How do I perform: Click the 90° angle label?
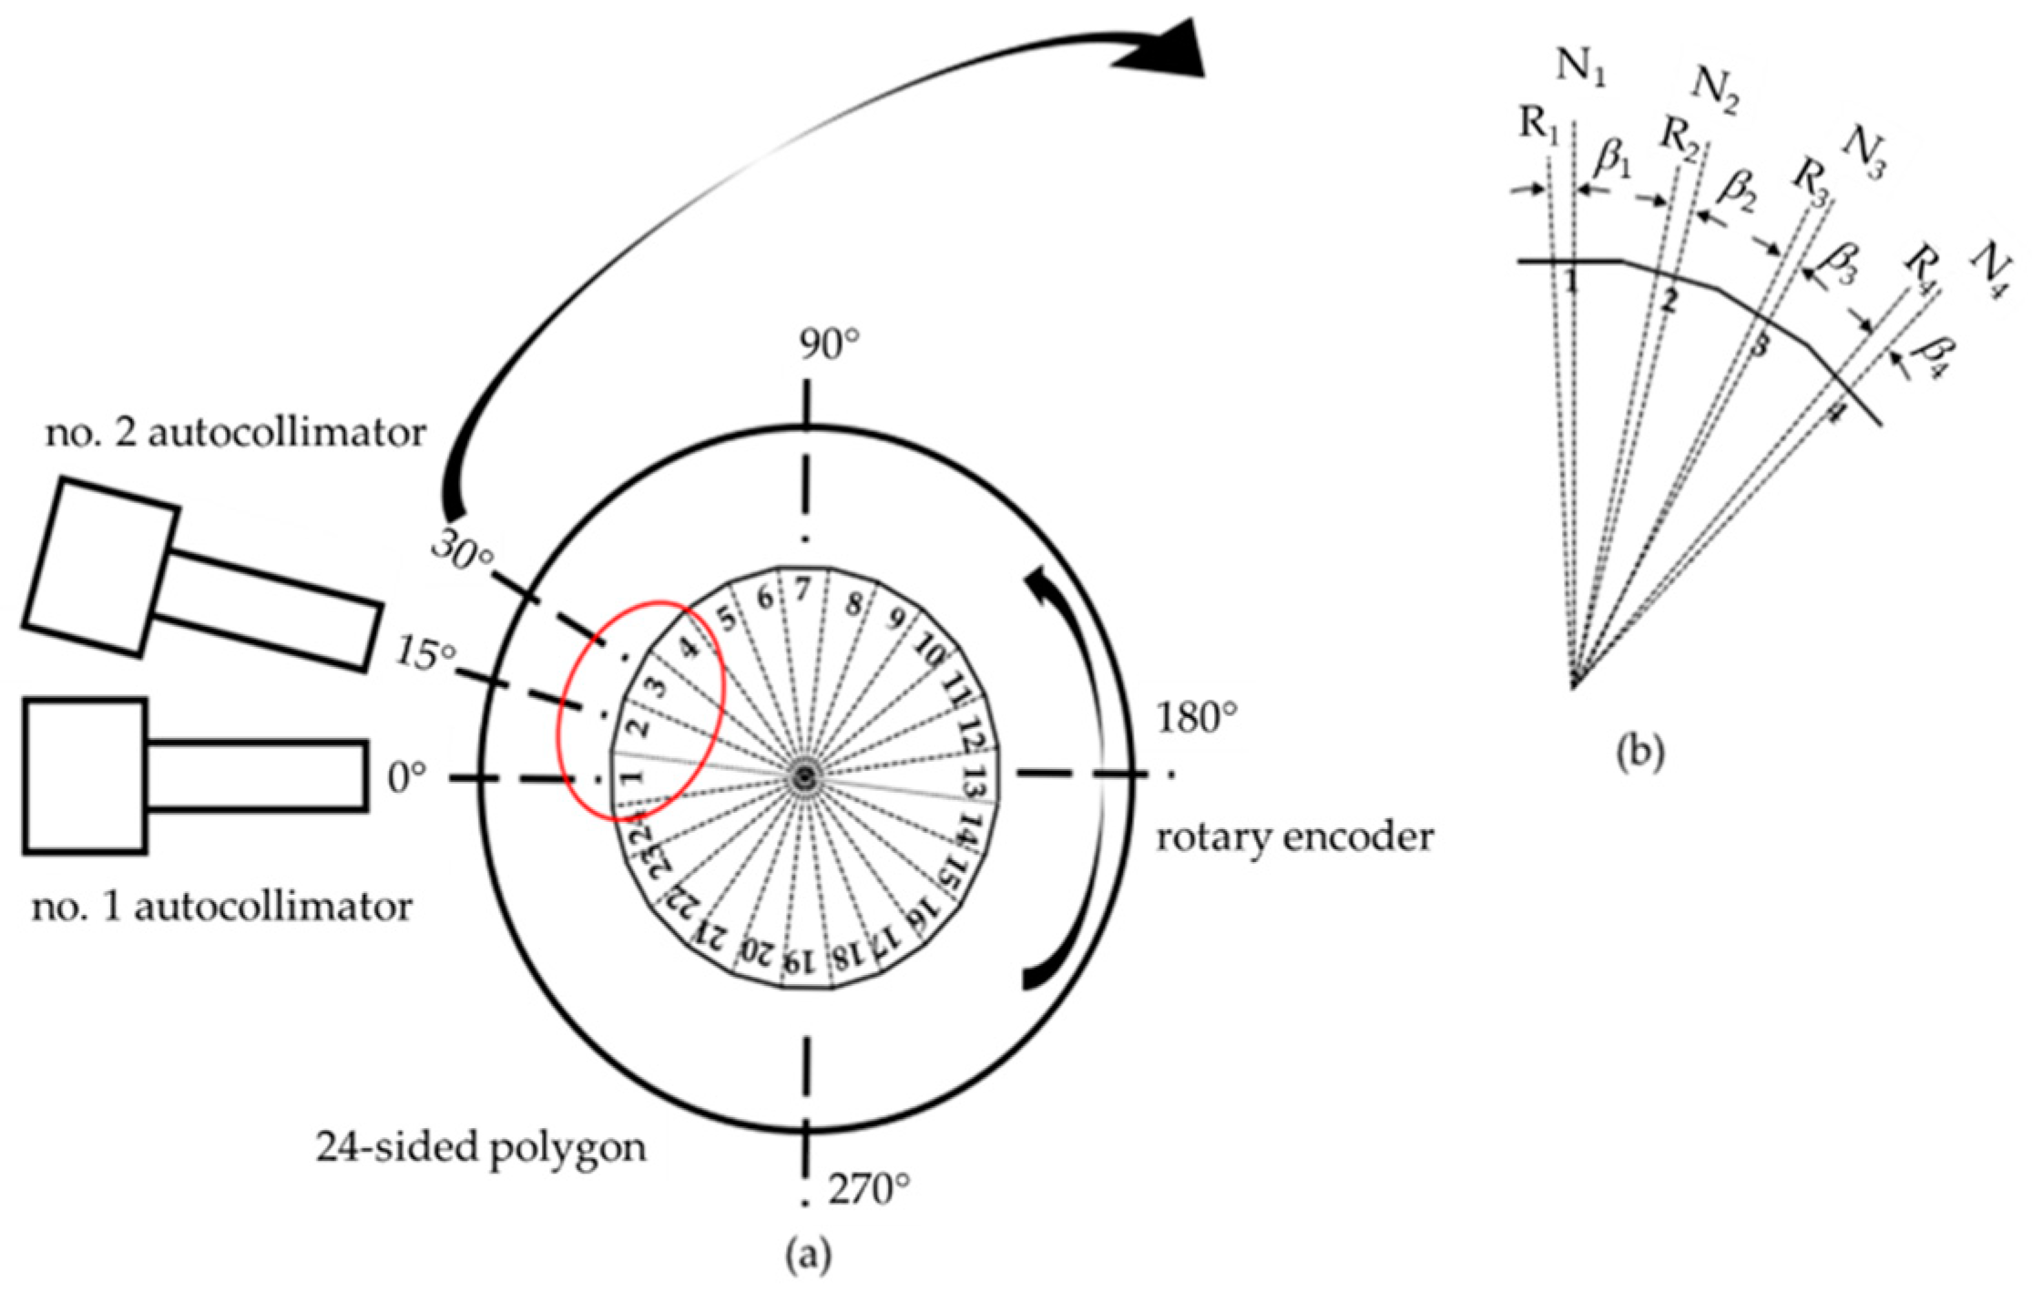point(830,346)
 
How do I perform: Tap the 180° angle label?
point(1198,719)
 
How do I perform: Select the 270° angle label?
point(868,1189)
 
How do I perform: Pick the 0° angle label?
point(407,779)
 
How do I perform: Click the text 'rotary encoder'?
point(1294,836)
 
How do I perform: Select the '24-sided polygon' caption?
point(481,1147)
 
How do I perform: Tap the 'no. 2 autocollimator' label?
point(236,433)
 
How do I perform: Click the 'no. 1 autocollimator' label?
point(222,907)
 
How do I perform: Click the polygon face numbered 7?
point(802,590)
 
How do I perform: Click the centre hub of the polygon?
point(803,777)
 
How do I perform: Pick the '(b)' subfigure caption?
point(1639,753)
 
